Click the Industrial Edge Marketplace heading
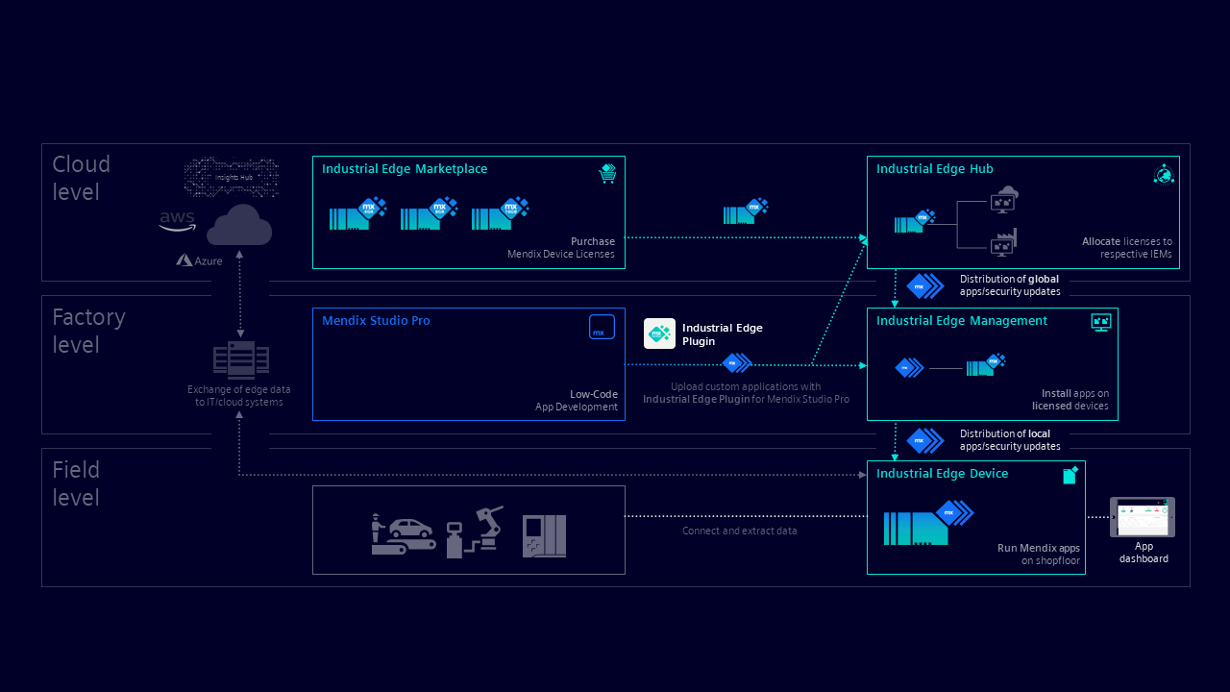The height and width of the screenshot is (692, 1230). tap(405, 169)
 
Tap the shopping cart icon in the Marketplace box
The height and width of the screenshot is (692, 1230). tap(606, 173)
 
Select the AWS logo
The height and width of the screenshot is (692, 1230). tap(178, 221)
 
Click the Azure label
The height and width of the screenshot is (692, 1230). tap(200, 260)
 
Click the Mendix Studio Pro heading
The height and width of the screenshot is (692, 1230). tap(376, 321)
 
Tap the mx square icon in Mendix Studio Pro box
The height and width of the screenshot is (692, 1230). tap(602, 327)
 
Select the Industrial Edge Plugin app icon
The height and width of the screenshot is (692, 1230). tap(659, 334)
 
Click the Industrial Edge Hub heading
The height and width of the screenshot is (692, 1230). tap(934, 169)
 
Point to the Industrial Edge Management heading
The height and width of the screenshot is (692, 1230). tap(961, 321)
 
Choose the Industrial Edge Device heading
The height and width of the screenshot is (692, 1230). tap(942, 474)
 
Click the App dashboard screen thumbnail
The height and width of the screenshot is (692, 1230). tap(1143, 517)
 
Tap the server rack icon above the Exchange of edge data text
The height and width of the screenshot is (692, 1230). tap(240, 360)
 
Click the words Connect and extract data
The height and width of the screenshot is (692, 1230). tap(739, 531)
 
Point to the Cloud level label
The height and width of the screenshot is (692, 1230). tap(81, 178)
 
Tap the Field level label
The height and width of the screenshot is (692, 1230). tap(76, 483)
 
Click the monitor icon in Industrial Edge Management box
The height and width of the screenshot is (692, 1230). tap(1101, 323)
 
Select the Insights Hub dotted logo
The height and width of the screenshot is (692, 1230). tap(232, 177)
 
